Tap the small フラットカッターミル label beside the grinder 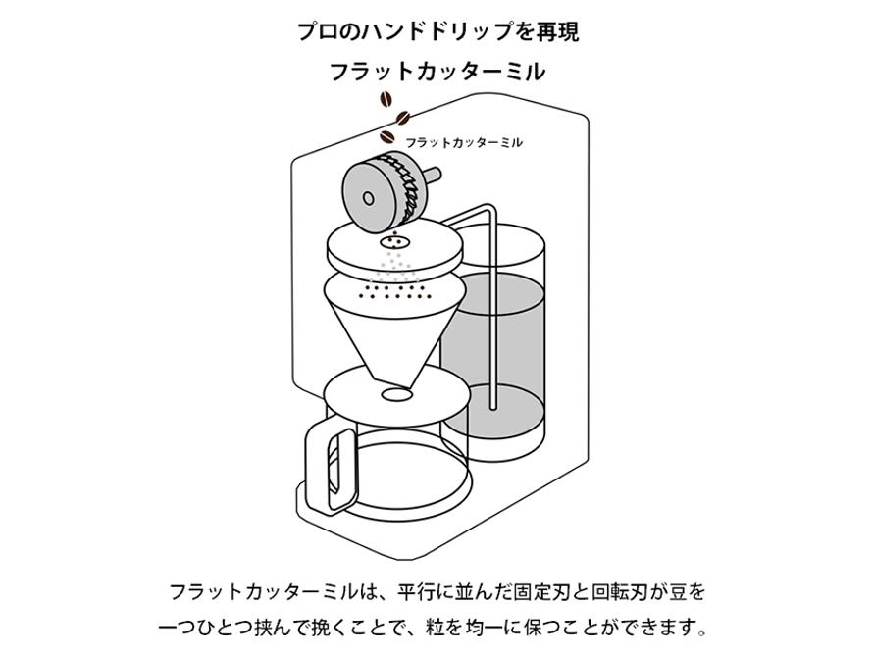(463, 143)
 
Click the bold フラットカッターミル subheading (437, 72)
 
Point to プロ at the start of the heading (316, 30)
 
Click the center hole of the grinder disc (368, 197)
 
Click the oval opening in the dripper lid (394, 239)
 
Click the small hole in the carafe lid (395, 394)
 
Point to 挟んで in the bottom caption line (277, 626)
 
